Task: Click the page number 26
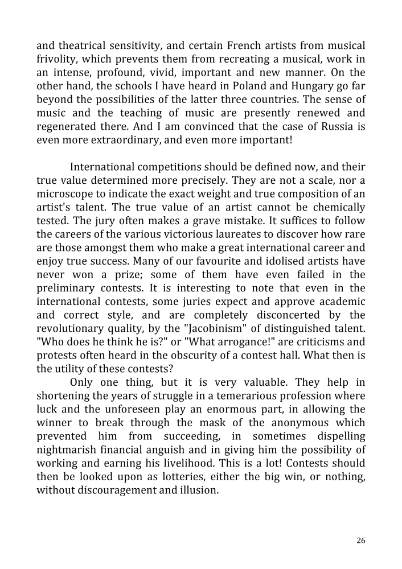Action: pos(360,541)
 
